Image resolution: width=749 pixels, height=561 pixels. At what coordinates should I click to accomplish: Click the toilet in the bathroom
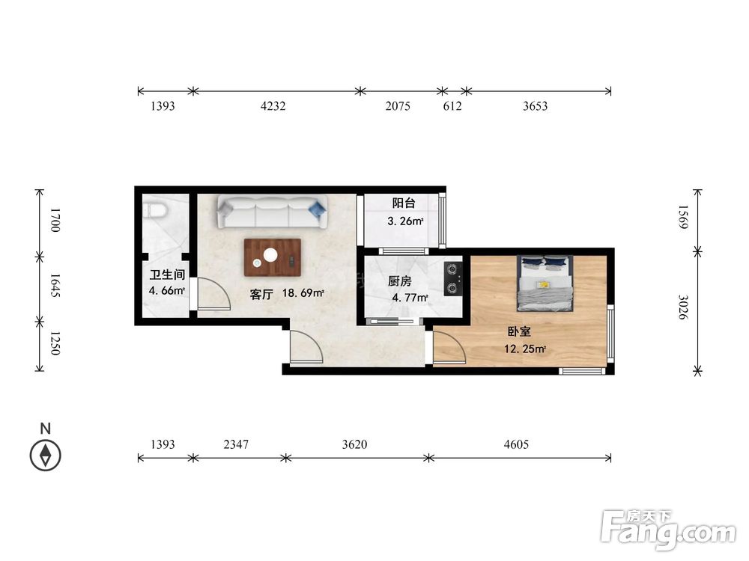[x=156, y=209]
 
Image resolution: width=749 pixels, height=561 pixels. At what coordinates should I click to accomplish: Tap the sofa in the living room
[x=273, y=211]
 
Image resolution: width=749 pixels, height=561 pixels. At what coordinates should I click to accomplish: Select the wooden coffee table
[x=273, y=257]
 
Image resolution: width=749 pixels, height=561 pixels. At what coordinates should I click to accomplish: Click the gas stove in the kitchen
[x=452, y=278]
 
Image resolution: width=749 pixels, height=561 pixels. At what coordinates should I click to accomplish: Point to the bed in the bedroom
[x=545, y=283]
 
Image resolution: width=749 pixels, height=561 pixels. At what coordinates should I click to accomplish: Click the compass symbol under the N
[x=46, y=455]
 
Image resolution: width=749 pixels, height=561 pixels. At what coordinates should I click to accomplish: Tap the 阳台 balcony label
[x=404, y=203]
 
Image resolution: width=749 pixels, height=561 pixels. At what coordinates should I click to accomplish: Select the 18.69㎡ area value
[x=303, y=293]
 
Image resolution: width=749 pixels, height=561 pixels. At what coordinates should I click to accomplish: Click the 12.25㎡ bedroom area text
[x=524, y=349]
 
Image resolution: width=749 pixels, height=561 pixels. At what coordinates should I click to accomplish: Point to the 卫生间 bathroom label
[x=167, y=275]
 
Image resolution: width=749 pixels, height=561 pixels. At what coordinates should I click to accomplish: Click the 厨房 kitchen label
[x=399, y=281]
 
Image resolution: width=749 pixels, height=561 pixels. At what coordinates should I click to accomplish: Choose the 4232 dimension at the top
[x=273, y=106]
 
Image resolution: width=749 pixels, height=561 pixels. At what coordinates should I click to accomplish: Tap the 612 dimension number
[x=452, y=106]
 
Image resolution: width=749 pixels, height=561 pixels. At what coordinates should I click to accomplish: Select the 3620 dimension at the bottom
[x=354, y=444]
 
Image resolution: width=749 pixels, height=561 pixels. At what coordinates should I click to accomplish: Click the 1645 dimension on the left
[x=54, y=286]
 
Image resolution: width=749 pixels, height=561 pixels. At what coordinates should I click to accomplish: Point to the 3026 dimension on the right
[x=684, y=307]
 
